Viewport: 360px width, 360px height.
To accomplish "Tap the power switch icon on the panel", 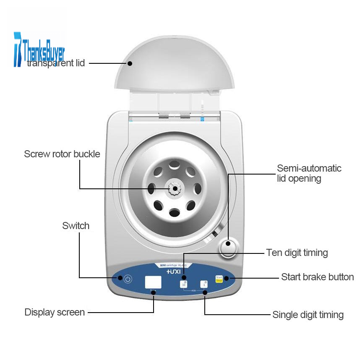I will pos(128,278).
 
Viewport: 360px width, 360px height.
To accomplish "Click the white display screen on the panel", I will pos(153,282).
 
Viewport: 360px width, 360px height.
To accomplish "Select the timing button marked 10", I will pos(184,284).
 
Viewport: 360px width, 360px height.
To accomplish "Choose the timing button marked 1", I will pos(204,284).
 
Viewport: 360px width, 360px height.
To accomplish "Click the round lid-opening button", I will pos(228,248).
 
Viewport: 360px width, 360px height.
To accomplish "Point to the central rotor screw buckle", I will pos(173,188).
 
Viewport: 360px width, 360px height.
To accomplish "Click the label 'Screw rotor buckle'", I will pos(62,154).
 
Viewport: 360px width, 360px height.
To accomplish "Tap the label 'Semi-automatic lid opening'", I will pos(309,173).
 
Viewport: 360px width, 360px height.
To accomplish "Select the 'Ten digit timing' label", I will pos(297,253).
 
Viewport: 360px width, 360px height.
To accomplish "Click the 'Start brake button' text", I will pos(317,277).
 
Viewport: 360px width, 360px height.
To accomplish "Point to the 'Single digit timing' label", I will pos(308,315).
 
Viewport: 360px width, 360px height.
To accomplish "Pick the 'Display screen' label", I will pos(55,312).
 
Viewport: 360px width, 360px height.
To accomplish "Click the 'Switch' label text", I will pos(76,226).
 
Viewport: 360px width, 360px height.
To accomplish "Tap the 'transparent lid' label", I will pos(56,63).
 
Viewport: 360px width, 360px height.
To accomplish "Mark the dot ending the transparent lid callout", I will pos(130,63).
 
